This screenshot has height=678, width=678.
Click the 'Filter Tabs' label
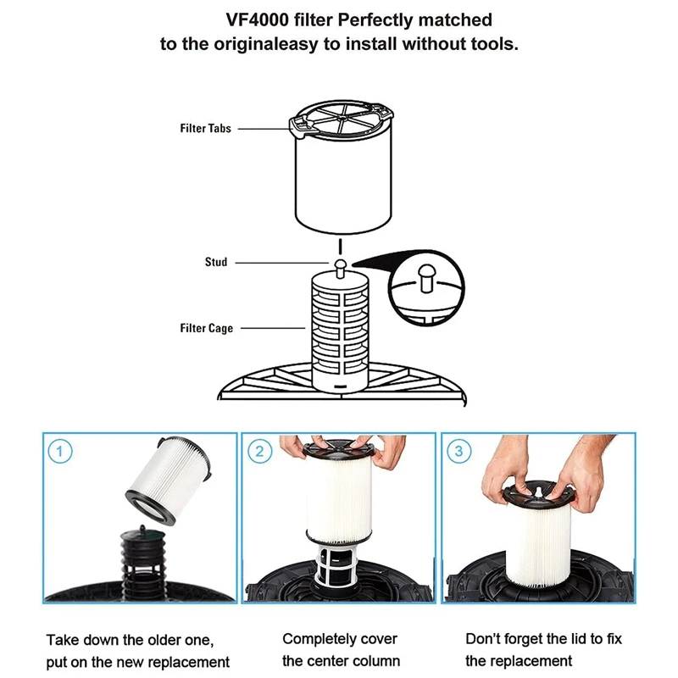point(205,129)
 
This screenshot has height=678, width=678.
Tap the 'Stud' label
point(216,263)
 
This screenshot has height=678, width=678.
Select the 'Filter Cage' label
point(206,328)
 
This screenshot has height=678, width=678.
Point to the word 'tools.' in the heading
point(491,44)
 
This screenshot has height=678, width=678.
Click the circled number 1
point(58,451)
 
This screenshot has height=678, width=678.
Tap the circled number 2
point(258,451)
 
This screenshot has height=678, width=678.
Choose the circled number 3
point(458,451)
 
